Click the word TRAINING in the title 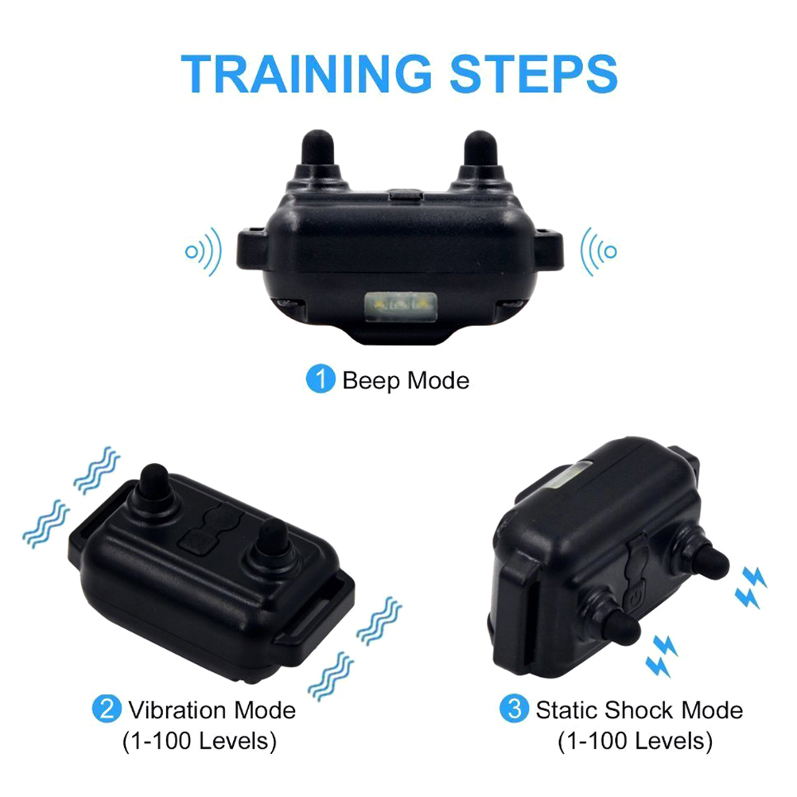tap(306, 74)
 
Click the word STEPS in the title tap(534, 74)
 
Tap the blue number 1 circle tap(321, 379)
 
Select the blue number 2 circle tap(107, 709)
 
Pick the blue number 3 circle tap(515, 709)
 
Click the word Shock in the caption tap(639, 710)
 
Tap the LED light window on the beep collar tap(401, 307)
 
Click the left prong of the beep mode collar tap(317, 151)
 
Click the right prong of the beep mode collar tap(480, 151)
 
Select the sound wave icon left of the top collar tap(204, 251)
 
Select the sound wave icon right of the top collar tap(599, 251)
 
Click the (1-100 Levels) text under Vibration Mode tap(199, 741)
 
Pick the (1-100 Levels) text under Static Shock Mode tap(635, 741)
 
